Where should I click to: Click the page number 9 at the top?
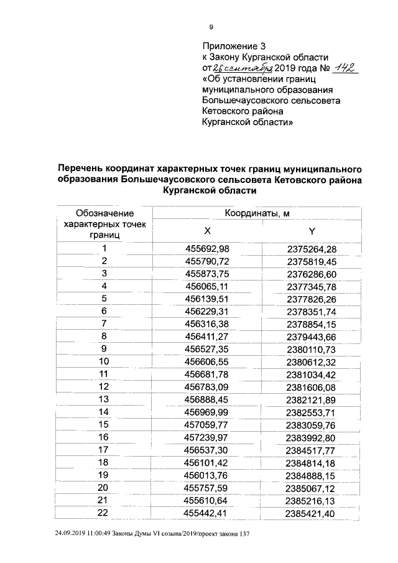(x=211, y=26)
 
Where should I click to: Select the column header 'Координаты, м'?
(x=257, y=213)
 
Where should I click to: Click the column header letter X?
(x=208, y=231)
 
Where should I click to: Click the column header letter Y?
(x=312, y=231)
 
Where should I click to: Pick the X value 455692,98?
(x=208, y=249)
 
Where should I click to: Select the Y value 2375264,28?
(x=312, y=249)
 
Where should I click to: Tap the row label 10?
(x=104, y=361)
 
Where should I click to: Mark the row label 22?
(x=104, y=512)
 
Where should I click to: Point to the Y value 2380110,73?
(x=312, y=349)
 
